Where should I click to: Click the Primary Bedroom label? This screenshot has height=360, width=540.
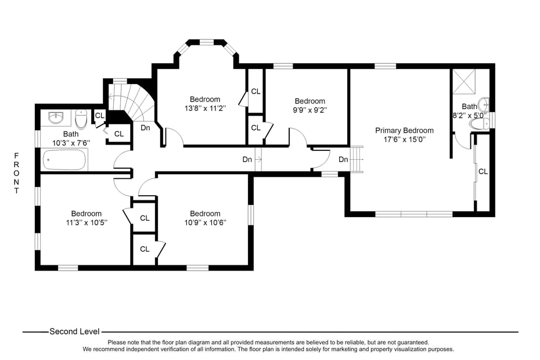[404, 131]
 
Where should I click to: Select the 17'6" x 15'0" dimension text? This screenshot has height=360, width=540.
[404, 139]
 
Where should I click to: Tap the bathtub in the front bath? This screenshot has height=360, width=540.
[64, 159]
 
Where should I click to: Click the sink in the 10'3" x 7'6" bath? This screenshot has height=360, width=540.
[56, 118]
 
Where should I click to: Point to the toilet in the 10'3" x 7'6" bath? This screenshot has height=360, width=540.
[81, 119]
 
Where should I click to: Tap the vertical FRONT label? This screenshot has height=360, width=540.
[16, 173]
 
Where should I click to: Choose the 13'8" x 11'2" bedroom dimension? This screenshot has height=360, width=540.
[205, 108]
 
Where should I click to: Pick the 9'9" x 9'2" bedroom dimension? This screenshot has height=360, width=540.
[309, 110]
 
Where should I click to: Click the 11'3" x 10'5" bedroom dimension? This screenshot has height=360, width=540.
[86, 222]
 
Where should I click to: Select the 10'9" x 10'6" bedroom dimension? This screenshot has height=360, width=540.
[205, 222]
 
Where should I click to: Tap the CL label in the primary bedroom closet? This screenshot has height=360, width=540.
[483, 171]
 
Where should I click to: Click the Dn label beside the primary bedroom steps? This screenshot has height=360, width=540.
[343, 160]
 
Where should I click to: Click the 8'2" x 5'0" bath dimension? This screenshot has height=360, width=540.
[470, 116]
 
